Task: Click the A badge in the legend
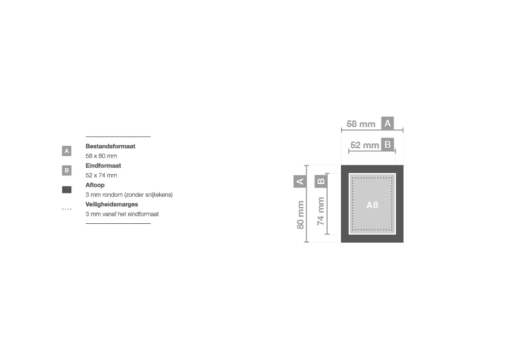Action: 66,151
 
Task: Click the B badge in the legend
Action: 66,170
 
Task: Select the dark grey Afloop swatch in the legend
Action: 66,190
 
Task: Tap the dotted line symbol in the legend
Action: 66,209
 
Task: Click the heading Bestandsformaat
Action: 111,146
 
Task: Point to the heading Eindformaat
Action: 103,166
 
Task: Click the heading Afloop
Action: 95,185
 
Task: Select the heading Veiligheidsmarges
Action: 112,205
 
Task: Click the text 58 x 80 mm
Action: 102,156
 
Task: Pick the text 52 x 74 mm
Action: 102,175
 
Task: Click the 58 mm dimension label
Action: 361,124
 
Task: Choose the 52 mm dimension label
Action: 365,145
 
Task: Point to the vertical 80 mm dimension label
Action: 300,215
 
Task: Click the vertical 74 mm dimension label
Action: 321,211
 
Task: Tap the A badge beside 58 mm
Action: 387,123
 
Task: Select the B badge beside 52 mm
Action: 387,145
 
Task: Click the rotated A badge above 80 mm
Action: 300,182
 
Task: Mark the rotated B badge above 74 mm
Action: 321,182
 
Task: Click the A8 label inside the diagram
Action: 372,205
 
